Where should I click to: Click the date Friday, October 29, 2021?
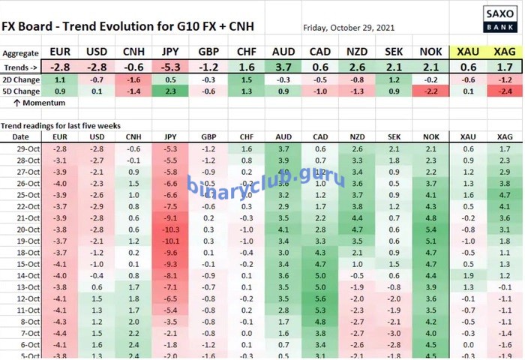point(348,28)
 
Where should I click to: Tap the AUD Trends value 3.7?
point(283,67)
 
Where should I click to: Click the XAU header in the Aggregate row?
point(469,52)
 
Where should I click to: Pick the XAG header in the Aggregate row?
point(504,52)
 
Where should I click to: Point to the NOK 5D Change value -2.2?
point(430,91)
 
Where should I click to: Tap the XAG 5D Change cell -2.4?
point(504,91)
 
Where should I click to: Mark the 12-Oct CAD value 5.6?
point(321,298)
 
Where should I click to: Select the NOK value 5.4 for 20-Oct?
point(430,229)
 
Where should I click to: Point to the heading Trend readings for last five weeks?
point(61,125)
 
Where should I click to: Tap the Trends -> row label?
point(21,67)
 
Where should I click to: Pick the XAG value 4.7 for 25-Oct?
point(504,195)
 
